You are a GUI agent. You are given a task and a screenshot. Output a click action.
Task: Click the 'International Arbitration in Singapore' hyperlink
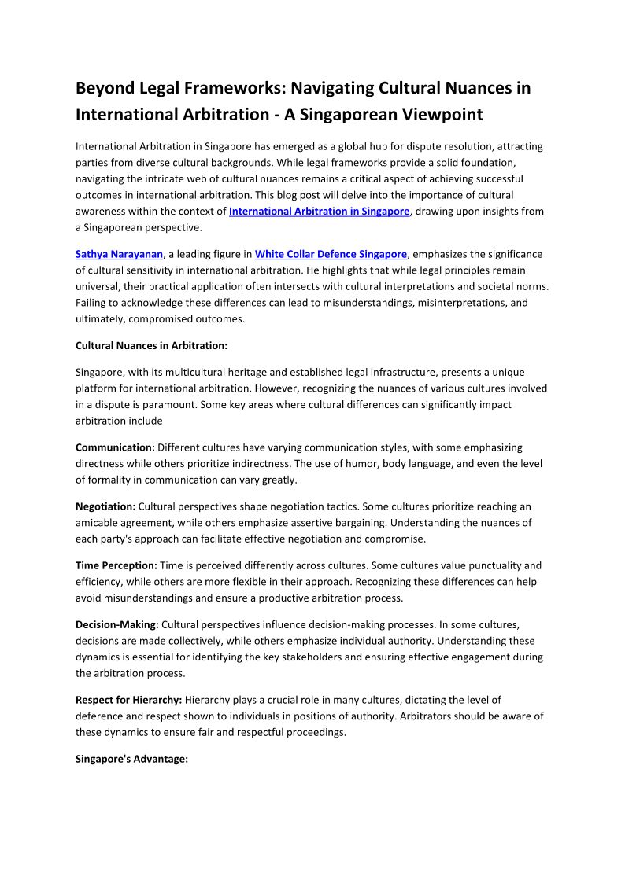coord(319,212)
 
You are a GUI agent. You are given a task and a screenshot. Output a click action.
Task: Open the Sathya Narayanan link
coord(119,254)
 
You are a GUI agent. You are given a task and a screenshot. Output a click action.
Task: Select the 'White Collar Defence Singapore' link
coord(331,254)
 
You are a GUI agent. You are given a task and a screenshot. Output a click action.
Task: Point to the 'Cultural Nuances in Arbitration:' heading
coord(151,345)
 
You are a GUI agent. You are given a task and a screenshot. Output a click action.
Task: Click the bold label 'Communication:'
coord(115,447)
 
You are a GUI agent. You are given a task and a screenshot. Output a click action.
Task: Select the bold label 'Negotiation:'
coord(105,506)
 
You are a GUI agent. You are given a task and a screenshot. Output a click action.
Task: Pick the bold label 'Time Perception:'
coord(116,565)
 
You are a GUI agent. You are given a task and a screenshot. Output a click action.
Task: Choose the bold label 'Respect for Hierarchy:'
coord(128,699)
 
